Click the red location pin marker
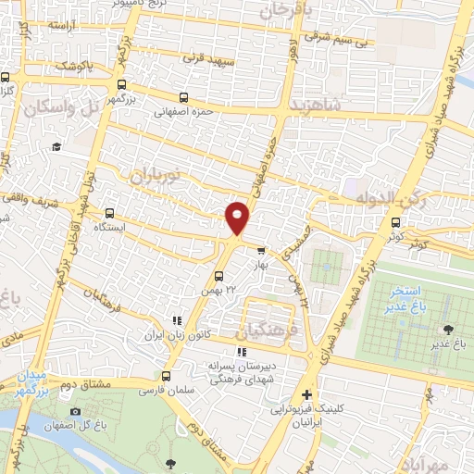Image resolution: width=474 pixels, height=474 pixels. pyautogui.click(x=238, y=218)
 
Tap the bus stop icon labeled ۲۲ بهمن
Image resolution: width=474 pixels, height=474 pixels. pyautogui.click(x=218, y=275)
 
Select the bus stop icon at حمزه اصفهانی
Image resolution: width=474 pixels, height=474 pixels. pyautogui.click(x=182, y=96)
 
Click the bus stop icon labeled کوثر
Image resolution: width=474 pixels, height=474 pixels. pyautogui.click(x=396, y=222)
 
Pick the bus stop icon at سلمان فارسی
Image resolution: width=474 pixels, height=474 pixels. pyautogui.click(x=166, y=376)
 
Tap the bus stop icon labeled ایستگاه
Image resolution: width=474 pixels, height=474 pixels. pyautogui.click(x=111, y=212)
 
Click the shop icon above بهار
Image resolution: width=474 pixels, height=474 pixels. pyautogui.click(x=261, y=249)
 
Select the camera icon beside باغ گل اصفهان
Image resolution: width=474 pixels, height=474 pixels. pyautogui.click(x=76, y=411)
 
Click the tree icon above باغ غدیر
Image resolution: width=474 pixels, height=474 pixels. pyautogui.click(x=449, y=330)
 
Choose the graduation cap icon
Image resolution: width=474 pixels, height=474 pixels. pyautogui.click(x=56, y=146)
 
